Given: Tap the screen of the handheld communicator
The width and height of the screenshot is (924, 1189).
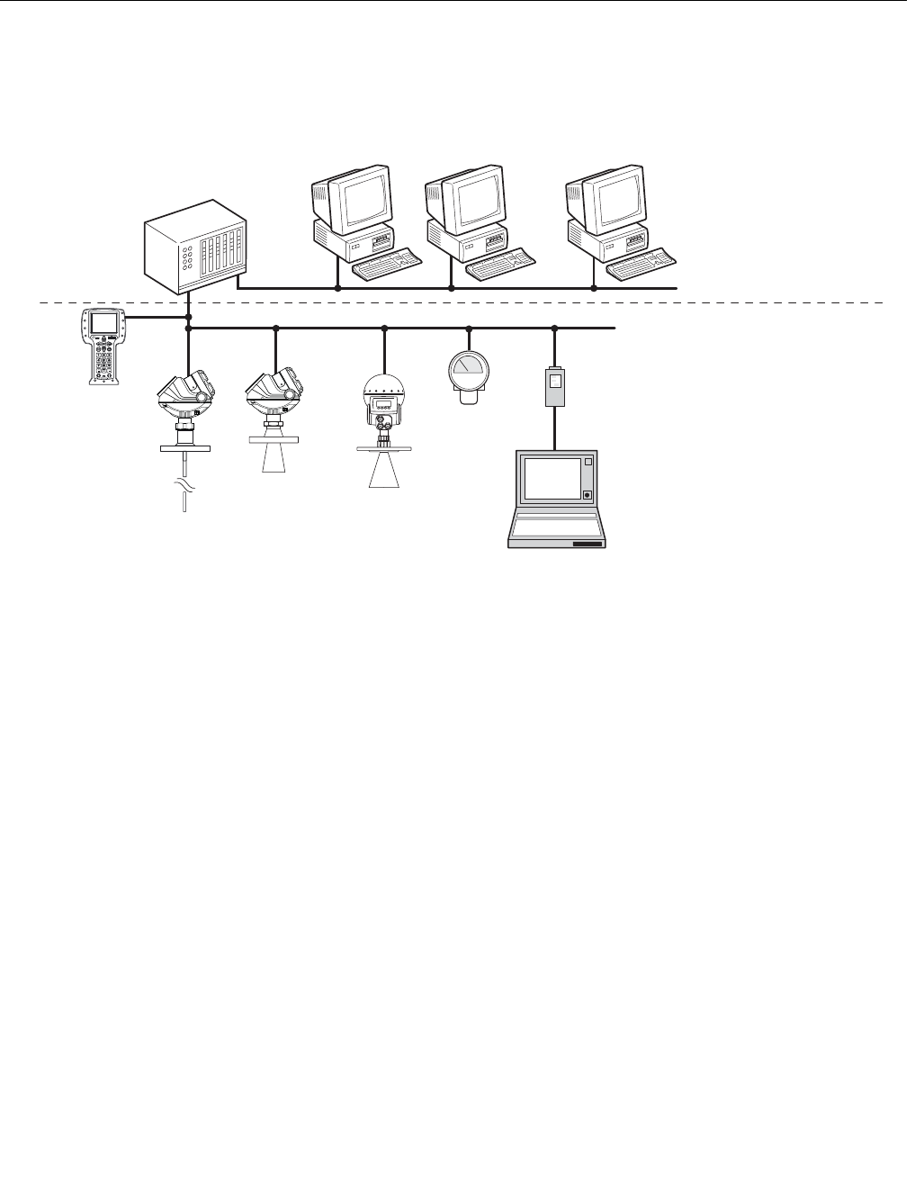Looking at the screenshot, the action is click(x=104, y=322).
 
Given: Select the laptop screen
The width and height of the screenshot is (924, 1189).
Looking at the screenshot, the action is click(x=552, y=478).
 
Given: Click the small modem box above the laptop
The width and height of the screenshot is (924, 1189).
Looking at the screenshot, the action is click(x=554, y=385).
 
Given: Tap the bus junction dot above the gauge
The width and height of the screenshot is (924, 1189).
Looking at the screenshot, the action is click(x=469, y=329).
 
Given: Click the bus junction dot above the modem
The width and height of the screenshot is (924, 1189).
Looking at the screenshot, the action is click(x=554, y=329).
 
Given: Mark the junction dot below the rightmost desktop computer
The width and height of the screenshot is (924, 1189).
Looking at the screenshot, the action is click(x=594, y=288).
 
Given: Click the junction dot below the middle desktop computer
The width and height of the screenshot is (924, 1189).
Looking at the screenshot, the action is click(x=451, y=288).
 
